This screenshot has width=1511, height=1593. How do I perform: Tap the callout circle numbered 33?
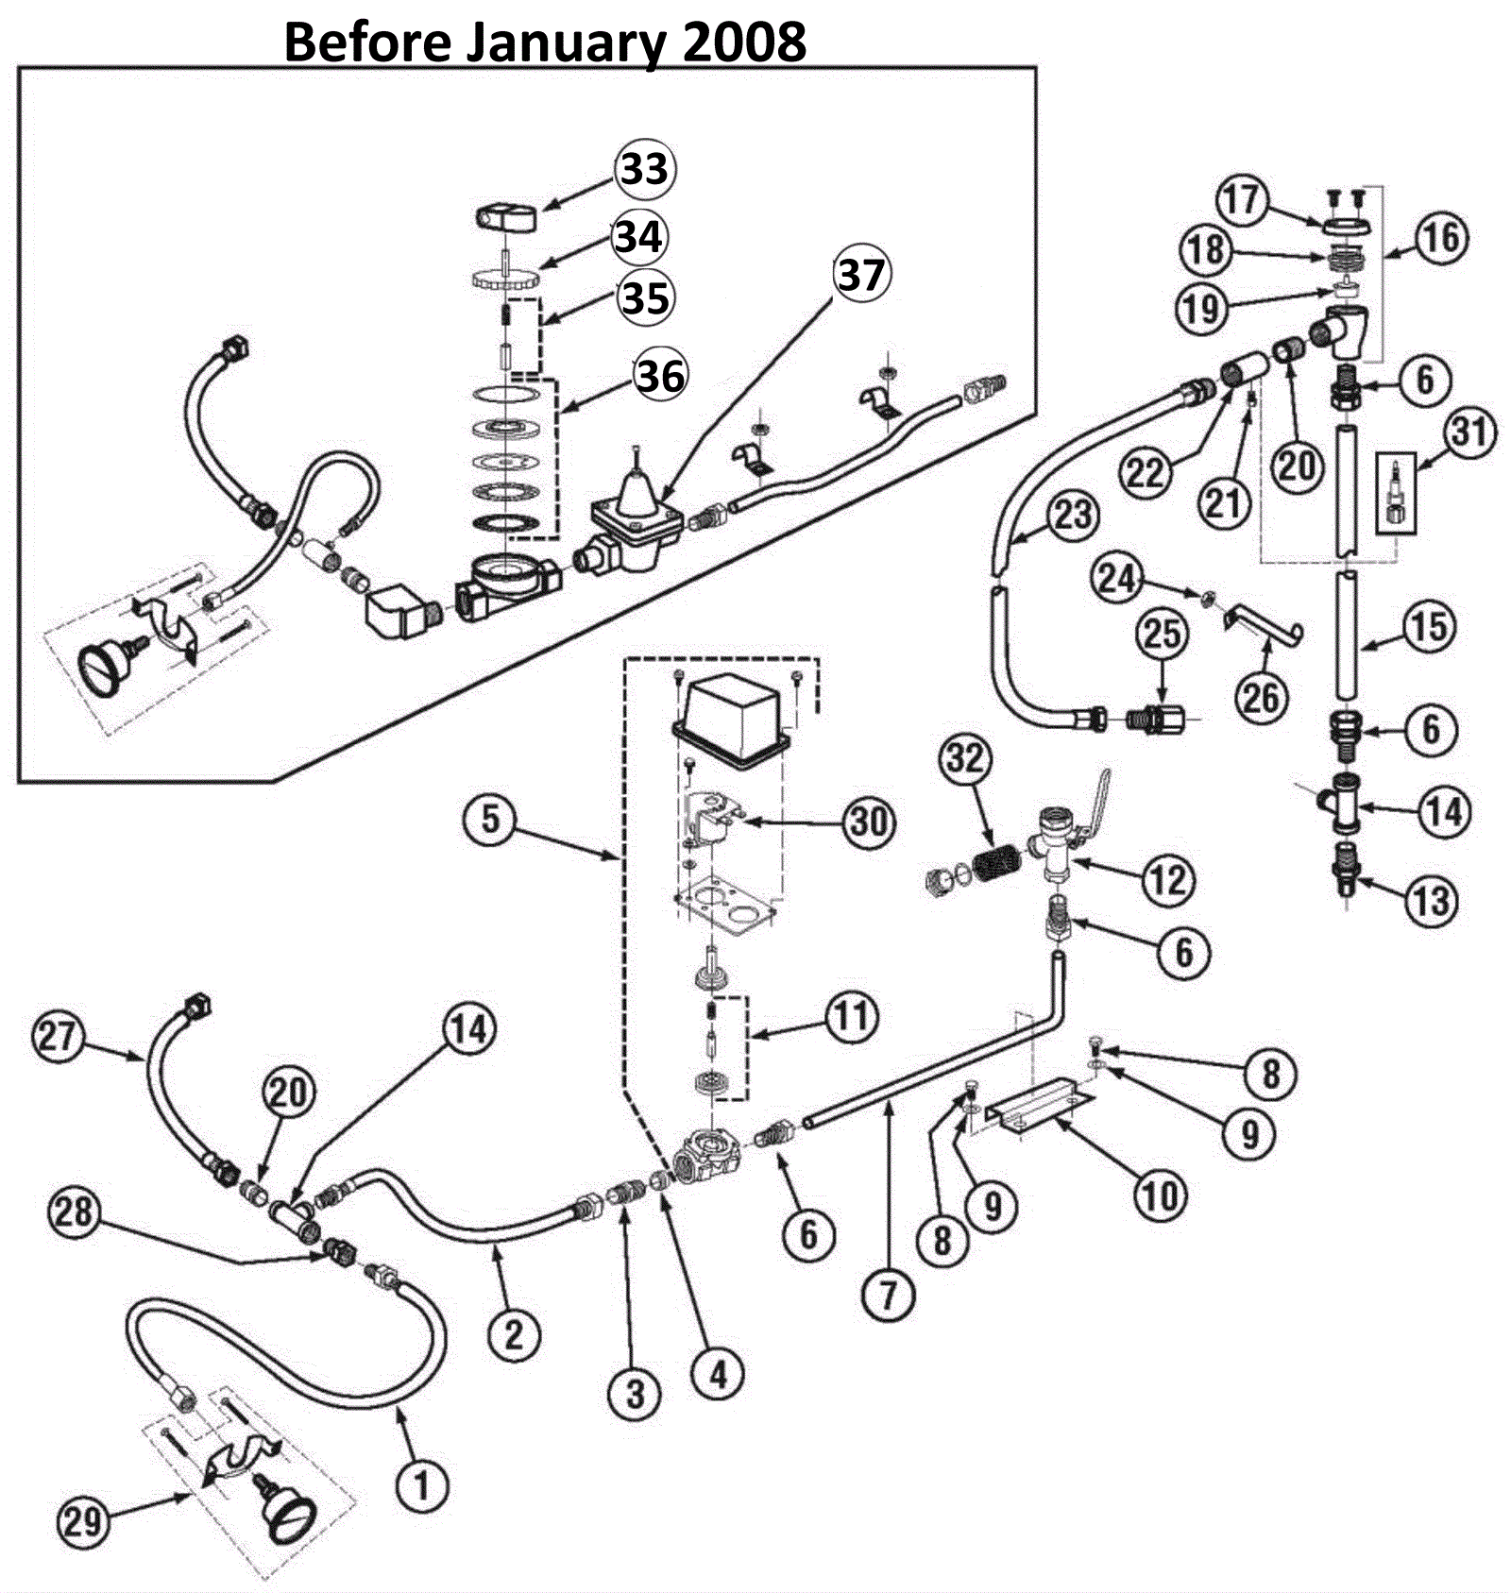coord(646,170)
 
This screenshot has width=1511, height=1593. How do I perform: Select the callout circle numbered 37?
coord(861,275)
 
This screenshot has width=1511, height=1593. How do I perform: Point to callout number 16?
coord(1441,237)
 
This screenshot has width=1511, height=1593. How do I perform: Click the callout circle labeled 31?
coord(1469,432)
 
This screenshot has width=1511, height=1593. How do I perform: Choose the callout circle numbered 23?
coord(1073,516)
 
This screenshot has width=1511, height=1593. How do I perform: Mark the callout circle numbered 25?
coord(1163,634)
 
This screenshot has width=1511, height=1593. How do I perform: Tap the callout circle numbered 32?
coord(965,758)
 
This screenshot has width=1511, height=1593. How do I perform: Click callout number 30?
coord(869,821)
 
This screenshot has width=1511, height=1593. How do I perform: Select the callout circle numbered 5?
coord(490,818)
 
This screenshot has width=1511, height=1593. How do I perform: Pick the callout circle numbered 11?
coord(852,1016)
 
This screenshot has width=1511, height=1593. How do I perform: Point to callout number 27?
coord(58,1037)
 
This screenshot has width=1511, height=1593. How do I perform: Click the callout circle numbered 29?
coord(82,1521)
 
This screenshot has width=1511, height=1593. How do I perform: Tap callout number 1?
coord(421,1487)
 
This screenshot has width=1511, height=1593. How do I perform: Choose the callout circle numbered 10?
coord(1160,1196)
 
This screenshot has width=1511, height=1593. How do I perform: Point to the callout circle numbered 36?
coord(660,375)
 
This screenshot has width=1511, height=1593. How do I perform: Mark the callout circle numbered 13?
coord(1431,901)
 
